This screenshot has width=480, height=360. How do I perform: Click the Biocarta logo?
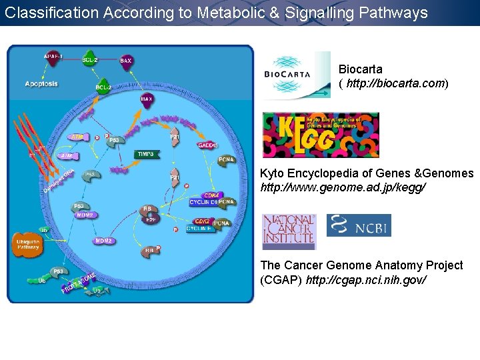[296, 75]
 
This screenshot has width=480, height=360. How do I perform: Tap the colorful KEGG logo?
[320, 134]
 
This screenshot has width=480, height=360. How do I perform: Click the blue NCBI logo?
[359, 225]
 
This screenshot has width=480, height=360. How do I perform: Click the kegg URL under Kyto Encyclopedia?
[342, 187]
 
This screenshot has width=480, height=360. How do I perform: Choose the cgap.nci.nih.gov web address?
[365, 279]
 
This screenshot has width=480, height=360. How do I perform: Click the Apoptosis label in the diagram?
[41, 84]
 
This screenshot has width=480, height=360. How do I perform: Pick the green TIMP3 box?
[146, 154]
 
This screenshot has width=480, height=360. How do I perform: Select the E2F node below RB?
[151, 217]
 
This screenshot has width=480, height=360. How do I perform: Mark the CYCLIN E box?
[200, 229]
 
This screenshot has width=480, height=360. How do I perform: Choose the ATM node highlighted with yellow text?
[77, 137]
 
